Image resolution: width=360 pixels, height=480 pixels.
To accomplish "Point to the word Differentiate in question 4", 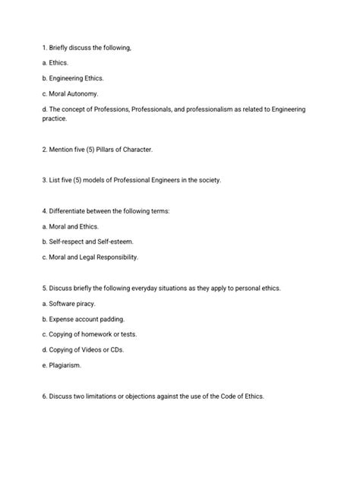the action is click(x=71, y=210).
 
